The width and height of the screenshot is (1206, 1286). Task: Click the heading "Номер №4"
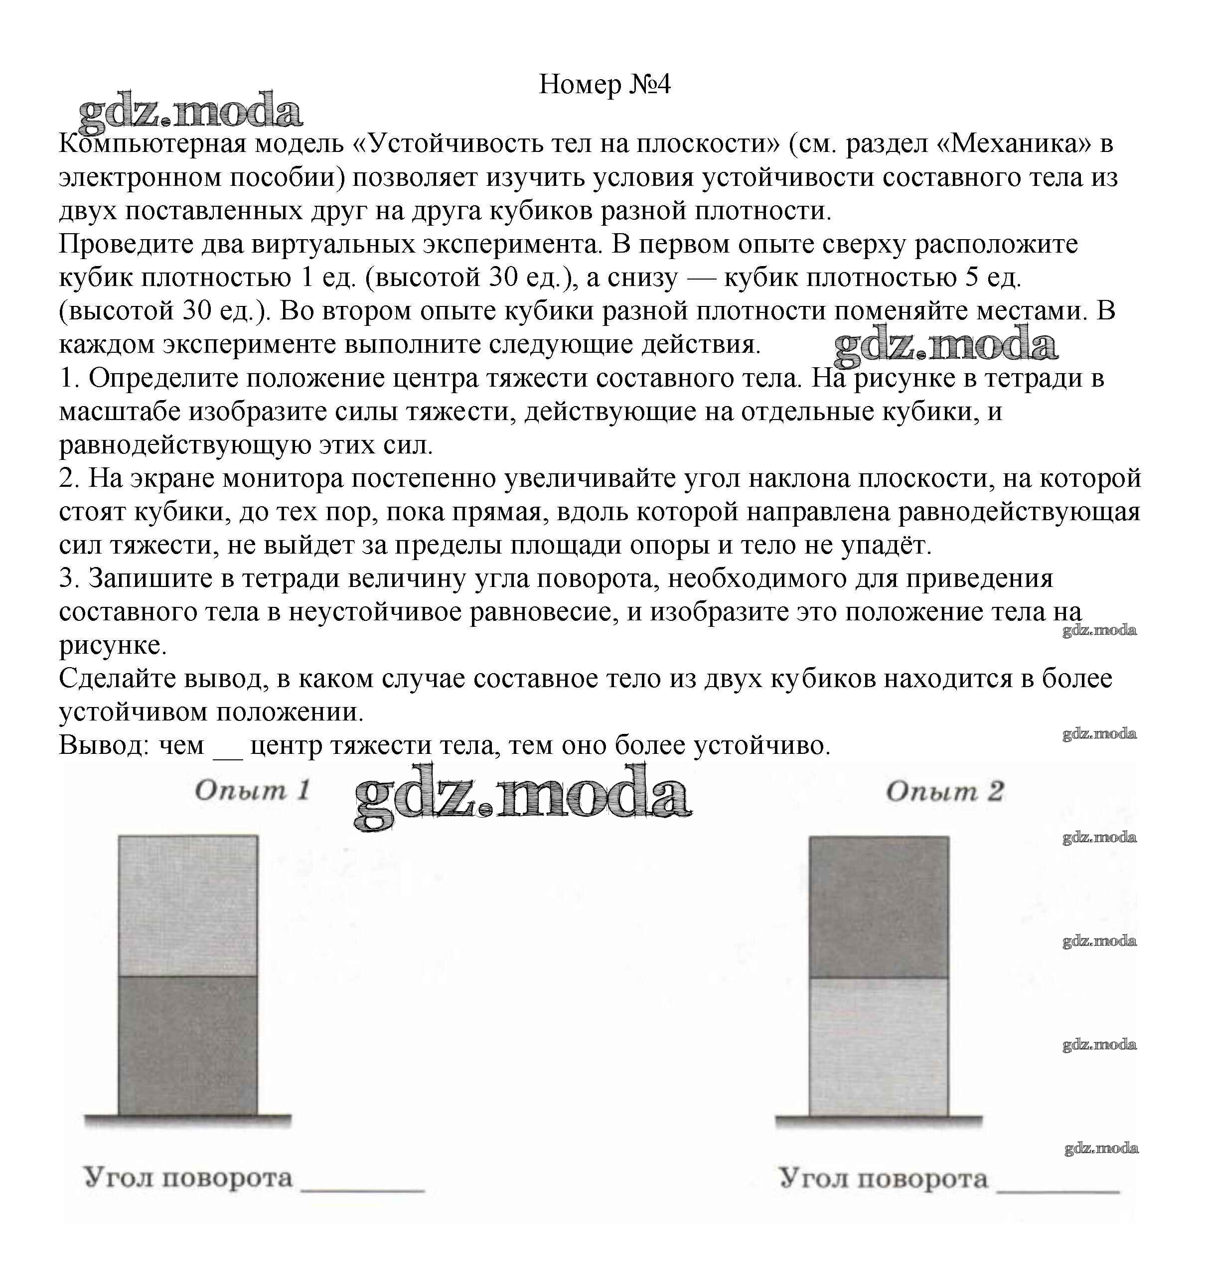(604, 84)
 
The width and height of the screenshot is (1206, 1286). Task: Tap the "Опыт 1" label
(252, 791)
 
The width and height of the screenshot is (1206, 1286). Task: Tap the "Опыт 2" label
(944, 791)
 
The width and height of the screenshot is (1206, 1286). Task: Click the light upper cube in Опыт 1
(188, 906)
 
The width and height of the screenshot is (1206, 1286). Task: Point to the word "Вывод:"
(104, 745)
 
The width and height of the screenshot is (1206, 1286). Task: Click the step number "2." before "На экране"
(69, 478)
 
